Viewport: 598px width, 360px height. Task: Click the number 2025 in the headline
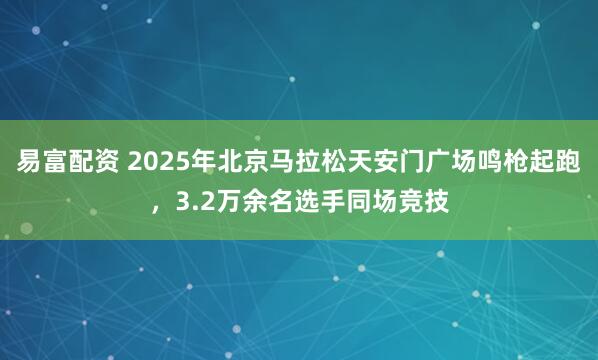click(161, 163)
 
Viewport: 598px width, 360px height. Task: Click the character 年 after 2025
click(206, 163)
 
